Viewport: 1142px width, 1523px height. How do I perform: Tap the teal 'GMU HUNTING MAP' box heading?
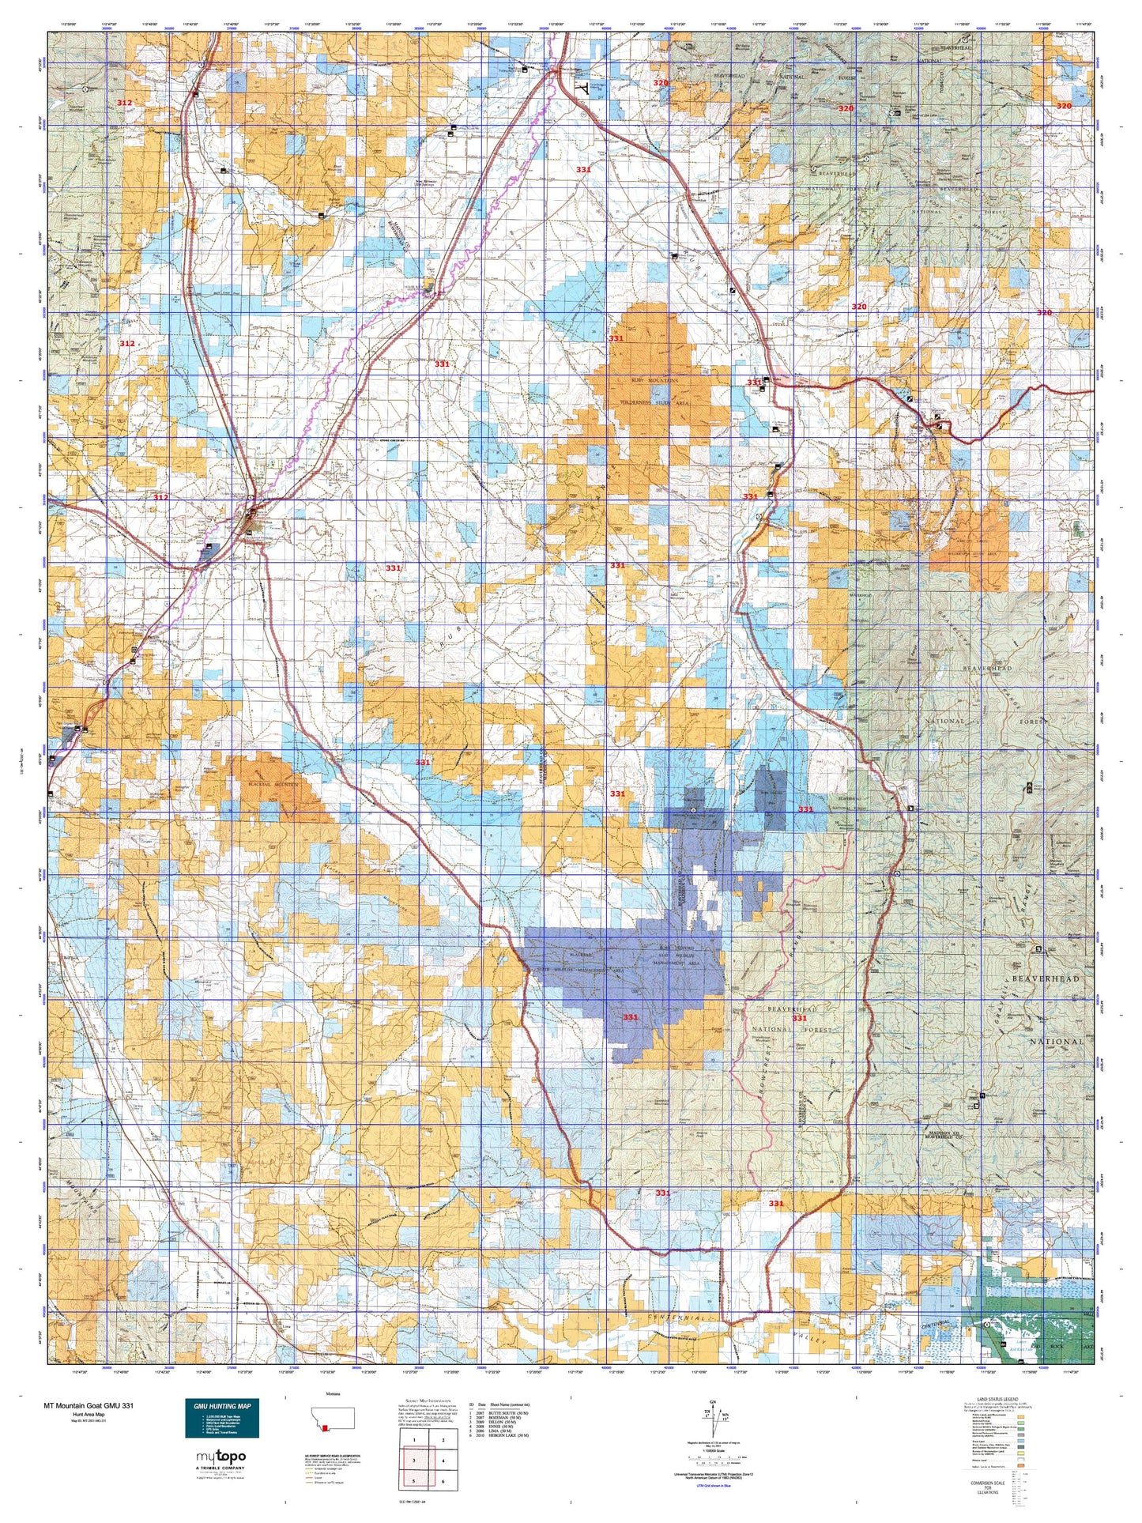pyautogui.click(x=217, y=1406)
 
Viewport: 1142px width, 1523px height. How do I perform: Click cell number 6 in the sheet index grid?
pyautogui.click(x=443, y=1481)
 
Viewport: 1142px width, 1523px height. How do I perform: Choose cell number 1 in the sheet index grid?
pyautogui.click(x=414, y=1440)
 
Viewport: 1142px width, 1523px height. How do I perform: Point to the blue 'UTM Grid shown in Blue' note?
pyautogui.click(x=714, y=1486)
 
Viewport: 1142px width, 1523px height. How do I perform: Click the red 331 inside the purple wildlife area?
pyautogui.click(x=630, y=1017)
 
